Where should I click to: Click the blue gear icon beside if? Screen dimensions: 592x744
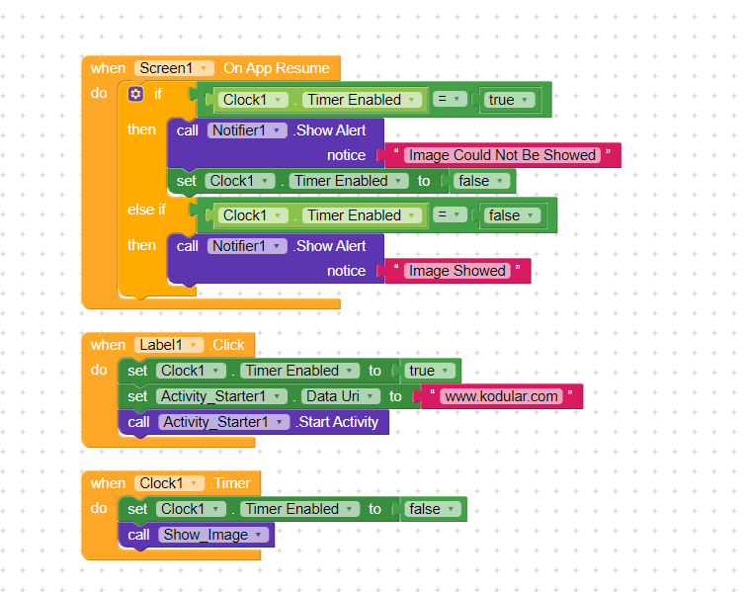tap(136, 95)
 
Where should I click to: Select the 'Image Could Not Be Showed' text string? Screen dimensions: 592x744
tap(502, 155)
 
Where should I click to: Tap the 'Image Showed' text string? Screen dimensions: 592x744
tap(456, 271)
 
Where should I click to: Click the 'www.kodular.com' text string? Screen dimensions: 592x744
tap(502, 396)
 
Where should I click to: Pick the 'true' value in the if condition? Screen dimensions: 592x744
tap(509, 100)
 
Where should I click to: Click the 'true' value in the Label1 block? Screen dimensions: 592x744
tap(429, 371)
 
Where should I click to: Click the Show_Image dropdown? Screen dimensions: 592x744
tap(212, 535)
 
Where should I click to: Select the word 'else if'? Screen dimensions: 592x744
tap(147, 210)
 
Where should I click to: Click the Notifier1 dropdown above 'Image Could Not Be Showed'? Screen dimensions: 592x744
tap(247, 130)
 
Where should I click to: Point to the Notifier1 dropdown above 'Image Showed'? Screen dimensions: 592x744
tap(247, 246)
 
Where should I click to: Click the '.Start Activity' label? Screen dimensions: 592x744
tap(338, 422)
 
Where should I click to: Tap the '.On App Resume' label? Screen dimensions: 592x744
tap(276, 68)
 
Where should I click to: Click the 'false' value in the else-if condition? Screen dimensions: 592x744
tap(511, 215)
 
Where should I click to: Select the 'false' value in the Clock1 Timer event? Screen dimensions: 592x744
tap(432, 509)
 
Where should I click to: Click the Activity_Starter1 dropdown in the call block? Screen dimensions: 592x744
tap(221, 422)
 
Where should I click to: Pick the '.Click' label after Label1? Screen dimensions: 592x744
tap(227, 345)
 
